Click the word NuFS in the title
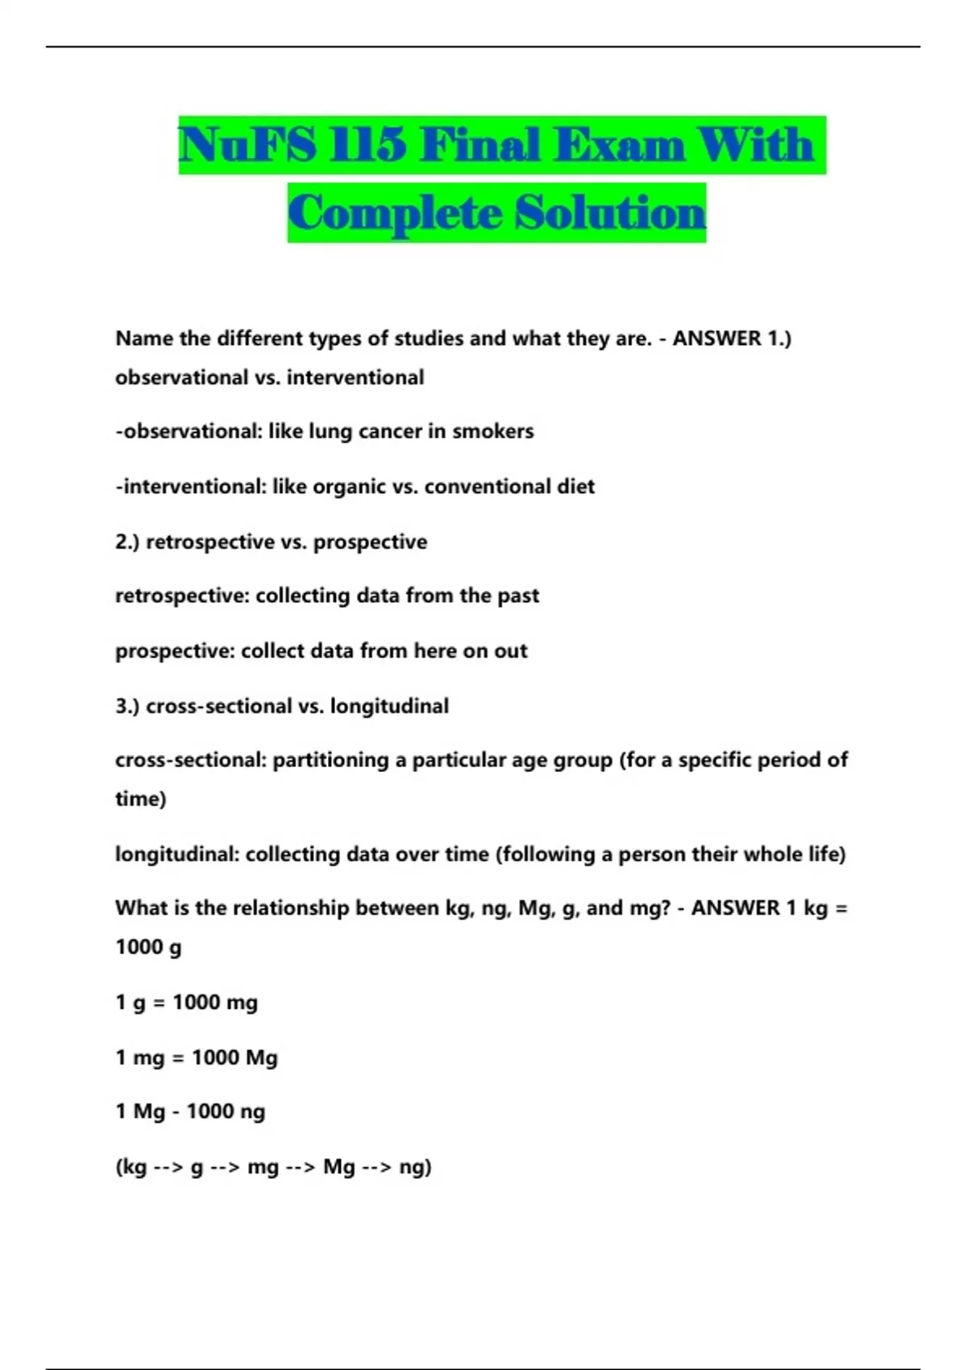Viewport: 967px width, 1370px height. point(247,146)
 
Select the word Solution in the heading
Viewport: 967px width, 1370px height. point(610,214)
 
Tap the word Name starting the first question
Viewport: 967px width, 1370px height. point(144,338)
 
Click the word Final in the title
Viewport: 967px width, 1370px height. point(479,146)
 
